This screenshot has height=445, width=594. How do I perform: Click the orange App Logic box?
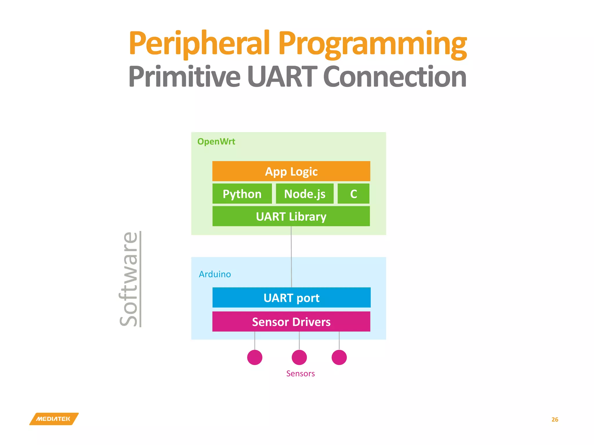coord(291,171)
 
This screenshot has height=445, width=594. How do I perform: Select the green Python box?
coord(242,194)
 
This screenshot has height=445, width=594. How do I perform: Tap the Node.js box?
coord(305,194)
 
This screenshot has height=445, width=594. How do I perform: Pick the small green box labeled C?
coord(353,194)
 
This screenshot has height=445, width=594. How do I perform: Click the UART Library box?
coord(291,216)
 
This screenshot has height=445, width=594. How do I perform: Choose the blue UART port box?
coord(291,298)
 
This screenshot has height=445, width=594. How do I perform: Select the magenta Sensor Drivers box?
coord(291,322)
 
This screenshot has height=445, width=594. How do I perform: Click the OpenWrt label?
coord(216,141)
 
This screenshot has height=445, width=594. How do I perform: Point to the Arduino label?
coord(215,274)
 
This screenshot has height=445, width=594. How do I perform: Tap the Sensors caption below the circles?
coord(300,373)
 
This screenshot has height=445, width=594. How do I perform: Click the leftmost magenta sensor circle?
coord(255,357)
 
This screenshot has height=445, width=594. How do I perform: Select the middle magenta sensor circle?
coord(299,357)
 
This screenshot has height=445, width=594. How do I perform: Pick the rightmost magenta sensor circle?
coord(339,357)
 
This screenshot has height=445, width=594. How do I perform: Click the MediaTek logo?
coord(54,419)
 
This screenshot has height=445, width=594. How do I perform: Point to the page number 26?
coord(555,420)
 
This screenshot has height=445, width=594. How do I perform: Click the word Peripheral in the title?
coord(199,43)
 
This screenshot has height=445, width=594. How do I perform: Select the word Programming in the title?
coord(372,43)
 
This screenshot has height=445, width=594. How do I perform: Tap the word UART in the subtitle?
coord(282,76)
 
